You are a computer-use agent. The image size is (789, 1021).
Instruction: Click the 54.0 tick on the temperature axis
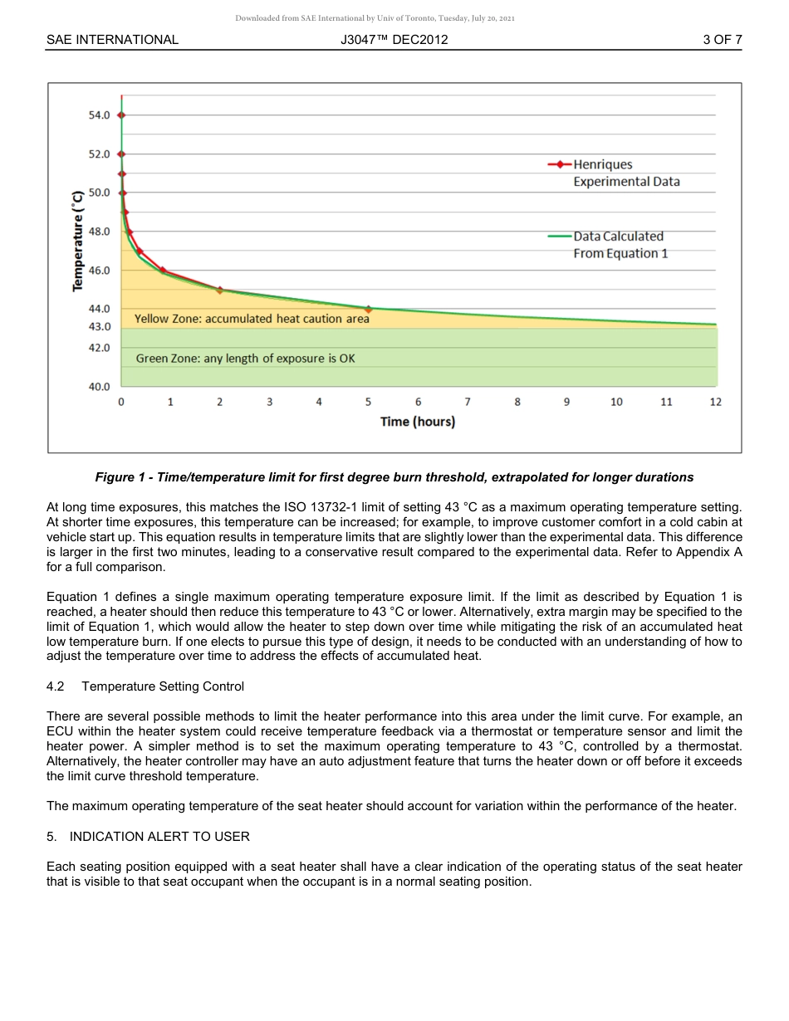pyautogui.click(x=99, y=115)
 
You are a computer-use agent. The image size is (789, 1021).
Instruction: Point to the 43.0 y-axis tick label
pyautogui.click(x=99, y=327)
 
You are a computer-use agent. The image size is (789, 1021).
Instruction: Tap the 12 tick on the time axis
pyautogui.click(x=716, y=402)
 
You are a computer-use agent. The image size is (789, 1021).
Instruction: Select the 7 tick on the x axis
pyautogui.click(x=468, y=402)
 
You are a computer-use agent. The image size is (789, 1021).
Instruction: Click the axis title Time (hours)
pyautogui.click(x=418, y=422)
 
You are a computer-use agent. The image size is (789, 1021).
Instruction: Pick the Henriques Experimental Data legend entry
pyautogui.click(x=615, y=173)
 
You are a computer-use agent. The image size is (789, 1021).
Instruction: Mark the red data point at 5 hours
pyautogui.click(x=369, y=309)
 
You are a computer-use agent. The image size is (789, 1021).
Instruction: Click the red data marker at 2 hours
pyautogui.click(x=220, y=290)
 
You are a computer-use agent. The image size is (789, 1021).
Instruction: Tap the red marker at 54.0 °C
pyautogui.click(x=122, y=115)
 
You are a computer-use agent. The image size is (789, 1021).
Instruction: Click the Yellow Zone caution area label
pyautogui.click(x=252, y=318)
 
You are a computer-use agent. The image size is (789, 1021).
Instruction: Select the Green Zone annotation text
pyautogui.click(x=245, y=359)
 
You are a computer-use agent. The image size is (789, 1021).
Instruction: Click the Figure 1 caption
pyautogui.click(x=394, y=477)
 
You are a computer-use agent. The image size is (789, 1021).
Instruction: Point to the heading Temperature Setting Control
pyautogui.click(x=163, y=686)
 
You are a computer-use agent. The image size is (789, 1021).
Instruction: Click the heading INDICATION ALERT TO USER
pyautogui.click(x=159, y=836)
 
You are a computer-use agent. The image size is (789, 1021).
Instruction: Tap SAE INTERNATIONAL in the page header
pyautogui.click(x=112, y=39)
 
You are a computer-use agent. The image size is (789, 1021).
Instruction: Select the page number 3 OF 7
pyautogui.click(x=722, y=39)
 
